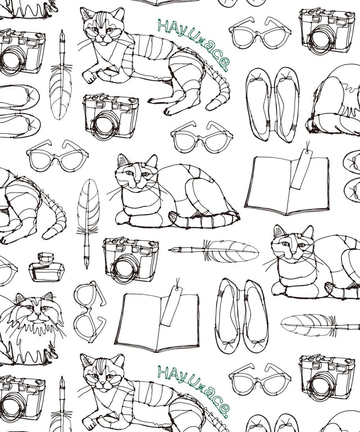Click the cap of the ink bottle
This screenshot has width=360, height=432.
point(45,258)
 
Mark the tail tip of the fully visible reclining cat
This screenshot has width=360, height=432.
point(169,110)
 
